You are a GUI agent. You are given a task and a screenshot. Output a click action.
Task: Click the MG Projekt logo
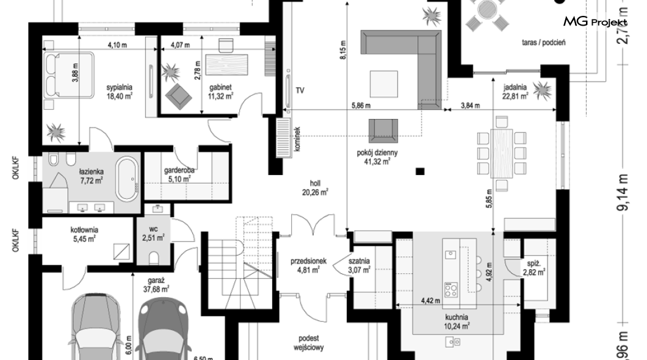[x=595, y=21]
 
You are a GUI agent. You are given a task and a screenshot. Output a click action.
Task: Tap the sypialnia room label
[x=119, y=87]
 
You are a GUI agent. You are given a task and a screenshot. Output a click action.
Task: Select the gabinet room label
[x=220, y=87]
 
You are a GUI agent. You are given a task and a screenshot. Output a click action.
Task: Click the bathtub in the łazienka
[x=126, y=180]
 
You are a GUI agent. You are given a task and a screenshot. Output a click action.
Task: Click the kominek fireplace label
[x=298, y=138]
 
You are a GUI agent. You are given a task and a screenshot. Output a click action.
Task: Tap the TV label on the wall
[x=300, y=90]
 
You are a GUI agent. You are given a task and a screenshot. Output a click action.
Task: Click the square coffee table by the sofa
[x=384, y=84]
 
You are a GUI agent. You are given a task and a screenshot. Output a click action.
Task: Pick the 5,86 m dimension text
[x=361, y=106]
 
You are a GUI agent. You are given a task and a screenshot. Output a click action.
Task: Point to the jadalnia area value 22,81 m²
[x=515, y=96]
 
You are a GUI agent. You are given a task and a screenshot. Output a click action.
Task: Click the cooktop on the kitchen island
[x=450, y=289]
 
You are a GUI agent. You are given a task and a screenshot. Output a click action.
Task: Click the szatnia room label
[x=359, y=261]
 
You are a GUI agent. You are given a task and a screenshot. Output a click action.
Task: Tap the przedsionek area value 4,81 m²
[x=308, y=270]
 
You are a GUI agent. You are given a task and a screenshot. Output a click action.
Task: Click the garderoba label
[x=179, y=170]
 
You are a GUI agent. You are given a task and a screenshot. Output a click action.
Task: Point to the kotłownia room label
[x=84, y=230]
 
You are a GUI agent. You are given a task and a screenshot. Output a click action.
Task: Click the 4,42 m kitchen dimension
[x=430, y=301]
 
